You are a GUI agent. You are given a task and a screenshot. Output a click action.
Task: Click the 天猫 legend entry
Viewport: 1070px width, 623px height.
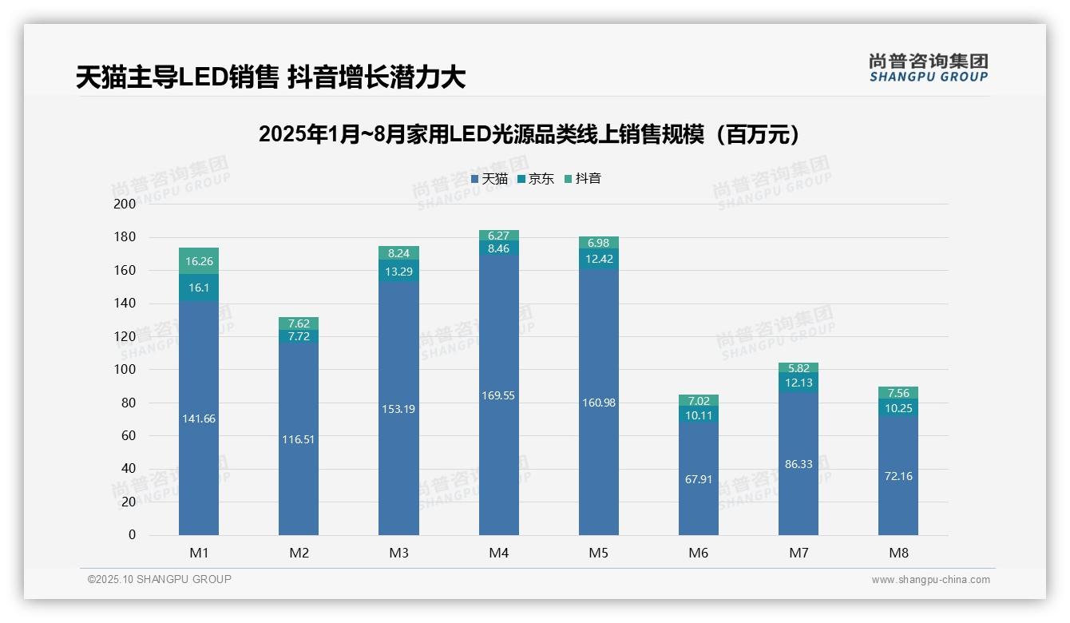tap(489, 179)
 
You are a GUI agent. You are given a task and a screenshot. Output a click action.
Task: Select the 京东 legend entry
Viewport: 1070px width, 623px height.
tap(536, 179)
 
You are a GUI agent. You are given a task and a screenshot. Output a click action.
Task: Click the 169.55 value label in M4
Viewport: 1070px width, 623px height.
tap(499, 395)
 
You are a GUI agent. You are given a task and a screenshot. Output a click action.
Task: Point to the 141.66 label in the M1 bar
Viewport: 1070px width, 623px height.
tap(199, 419)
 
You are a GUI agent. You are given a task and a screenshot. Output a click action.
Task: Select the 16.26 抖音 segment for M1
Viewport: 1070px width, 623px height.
tap(199, 261)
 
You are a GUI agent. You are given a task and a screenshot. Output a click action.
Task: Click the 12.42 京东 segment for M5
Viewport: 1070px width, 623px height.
tap(599, 259)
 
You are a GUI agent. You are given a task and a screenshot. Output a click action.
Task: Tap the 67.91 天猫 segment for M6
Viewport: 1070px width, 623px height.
tap(699, 479)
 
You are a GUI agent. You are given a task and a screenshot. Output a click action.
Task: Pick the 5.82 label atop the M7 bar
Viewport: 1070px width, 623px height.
tap(799, 368)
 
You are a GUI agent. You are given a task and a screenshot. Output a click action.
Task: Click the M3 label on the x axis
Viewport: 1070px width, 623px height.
tap(398, 553)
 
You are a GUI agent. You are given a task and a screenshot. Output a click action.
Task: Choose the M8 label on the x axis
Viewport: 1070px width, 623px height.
tap(898, 553)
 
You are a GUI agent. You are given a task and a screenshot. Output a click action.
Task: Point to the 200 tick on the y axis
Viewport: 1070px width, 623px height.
tap(125, 204)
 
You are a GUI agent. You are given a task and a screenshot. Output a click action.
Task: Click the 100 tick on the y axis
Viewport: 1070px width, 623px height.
tap(125, 370)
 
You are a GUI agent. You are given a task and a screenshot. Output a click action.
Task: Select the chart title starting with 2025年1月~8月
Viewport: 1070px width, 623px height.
tap(529, 134)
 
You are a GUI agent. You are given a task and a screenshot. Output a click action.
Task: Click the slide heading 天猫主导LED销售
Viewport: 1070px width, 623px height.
tap(270, 77)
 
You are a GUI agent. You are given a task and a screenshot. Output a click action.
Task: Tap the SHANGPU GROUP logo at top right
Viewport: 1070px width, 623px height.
tap(928, 68)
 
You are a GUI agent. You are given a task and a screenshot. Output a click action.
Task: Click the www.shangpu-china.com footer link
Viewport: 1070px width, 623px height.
tap(930, 580)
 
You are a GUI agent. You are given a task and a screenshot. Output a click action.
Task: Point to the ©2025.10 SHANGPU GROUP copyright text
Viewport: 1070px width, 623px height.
tap(160, 579)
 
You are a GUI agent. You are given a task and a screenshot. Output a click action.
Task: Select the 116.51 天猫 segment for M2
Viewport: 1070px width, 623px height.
tap(299, 439)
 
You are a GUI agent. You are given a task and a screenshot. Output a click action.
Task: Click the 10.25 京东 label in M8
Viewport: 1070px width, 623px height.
tap(898, 407)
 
